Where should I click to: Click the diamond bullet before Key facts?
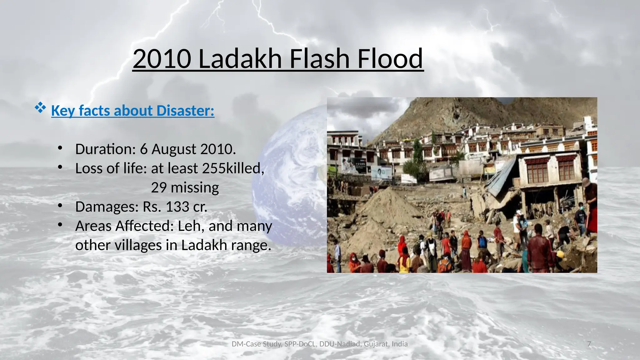(40, 108)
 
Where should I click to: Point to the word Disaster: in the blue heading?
(185, 111)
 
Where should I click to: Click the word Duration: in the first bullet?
(105, 149)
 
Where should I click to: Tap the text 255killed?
(233, 168)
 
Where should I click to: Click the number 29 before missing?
(159, 187)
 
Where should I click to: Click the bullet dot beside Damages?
(60, 206)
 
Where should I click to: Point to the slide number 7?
(589, 344)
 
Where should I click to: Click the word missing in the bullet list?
(195, 187)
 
